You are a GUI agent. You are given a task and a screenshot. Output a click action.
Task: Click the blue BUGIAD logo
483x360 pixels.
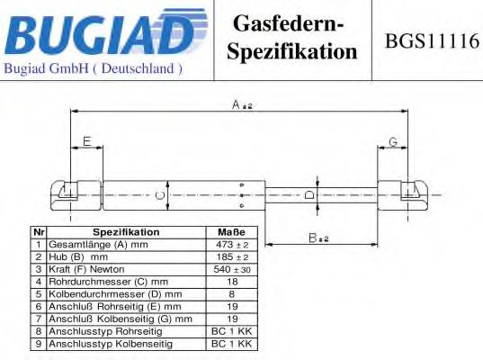pos(106,31)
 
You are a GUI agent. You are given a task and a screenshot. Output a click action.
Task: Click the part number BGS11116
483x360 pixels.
pos(432,41)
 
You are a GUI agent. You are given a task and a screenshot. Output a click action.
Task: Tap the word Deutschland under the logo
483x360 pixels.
pos(138,68)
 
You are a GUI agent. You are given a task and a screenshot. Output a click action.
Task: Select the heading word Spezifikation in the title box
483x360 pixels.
pos(292,51)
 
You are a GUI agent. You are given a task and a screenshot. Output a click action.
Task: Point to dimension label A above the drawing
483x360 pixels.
pos(242,104)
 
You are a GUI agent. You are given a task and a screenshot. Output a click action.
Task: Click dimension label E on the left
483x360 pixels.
pos(87,141)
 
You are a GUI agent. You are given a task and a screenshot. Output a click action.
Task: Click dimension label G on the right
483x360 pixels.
pos(393,142)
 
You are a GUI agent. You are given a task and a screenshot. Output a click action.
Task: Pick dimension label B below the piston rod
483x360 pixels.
pos(318,238)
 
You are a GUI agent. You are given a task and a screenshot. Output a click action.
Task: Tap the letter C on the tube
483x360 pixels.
pos(160,195)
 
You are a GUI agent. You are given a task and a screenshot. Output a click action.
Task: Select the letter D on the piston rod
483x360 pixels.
pos(309,194)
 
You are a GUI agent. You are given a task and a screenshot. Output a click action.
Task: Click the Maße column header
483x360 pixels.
pos(231,232)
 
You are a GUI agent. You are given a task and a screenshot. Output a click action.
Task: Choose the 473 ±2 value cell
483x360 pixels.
pos(232,245)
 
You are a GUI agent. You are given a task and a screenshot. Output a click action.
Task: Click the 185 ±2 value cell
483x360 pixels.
pos(232,257)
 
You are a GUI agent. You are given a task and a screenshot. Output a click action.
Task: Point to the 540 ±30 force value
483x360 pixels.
pos(232,269)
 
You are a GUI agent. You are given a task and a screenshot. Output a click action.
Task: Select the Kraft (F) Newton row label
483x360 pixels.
pos(86,269)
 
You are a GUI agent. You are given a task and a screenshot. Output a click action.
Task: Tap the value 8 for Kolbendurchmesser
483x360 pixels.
pos(232,294)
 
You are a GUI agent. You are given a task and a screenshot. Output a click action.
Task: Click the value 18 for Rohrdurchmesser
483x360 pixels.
pos(232,282)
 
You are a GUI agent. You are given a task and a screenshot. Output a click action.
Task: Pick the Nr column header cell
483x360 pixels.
pos(39,232)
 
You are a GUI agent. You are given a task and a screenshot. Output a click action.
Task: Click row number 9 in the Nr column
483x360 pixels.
pos(39,344)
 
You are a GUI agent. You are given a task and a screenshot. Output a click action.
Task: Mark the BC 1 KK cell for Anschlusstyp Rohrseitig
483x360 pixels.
pos(232,331)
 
